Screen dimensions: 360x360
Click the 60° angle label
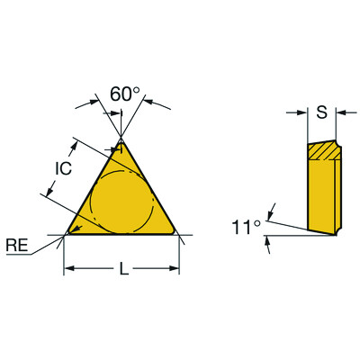tap(125, 94)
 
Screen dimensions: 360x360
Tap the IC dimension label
tap(64, 168)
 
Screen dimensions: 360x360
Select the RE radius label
tap(17, 246)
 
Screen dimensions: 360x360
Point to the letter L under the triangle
tap(124, 268)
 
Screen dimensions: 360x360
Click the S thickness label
tap(322, 112)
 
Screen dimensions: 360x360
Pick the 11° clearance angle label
tap(246, 228)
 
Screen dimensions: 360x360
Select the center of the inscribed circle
tap(121, 202)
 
